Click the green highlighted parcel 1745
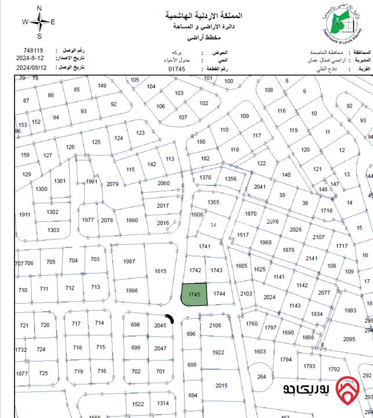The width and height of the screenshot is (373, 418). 194,294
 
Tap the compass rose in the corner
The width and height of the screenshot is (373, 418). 39,21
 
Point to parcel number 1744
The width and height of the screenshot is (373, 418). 219,294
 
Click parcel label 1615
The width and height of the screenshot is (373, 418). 161,271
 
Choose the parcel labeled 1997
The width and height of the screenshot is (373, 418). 129,261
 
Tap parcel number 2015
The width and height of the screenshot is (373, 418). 221,385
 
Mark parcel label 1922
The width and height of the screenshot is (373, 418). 218,352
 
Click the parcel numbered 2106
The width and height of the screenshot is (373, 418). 215,326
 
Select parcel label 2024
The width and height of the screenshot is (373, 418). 269,297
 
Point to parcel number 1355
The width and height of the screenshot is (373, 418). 213,202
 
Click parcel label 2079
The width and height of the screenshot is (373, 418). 113,184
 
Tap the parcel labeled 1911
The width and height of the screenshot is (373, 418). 24,214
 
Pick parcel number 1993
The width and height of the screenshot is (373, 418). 350,311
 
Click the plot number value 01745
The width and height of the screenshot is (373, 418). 176,69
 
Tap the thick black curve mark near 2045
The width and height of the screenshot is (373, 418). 170,319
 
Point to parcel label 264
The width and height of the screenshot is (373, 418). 262,377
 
